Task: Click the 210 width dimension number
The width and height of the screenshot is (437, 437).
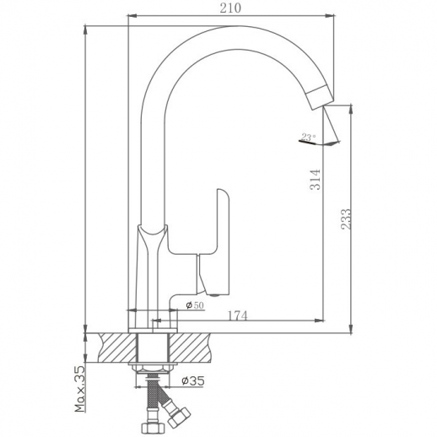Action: [230, 8]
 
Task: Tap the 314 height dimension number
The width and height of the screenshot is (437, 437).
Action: [316, 180]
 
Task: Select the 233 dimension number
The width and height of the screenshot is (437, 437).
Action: [346, 219]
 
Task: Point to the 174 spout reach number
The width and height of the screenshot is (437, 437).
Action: [237, 316]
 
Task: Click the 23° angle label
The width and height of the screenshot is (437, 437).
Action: [309, 137]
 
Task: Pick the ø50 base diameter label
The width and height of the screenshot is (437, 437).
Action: [195, 305]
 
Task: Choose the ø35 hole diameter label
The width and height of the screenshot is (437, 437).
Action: [193, 380]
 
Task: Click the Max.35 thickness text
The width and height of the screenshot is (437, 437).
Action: [80, 389]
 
